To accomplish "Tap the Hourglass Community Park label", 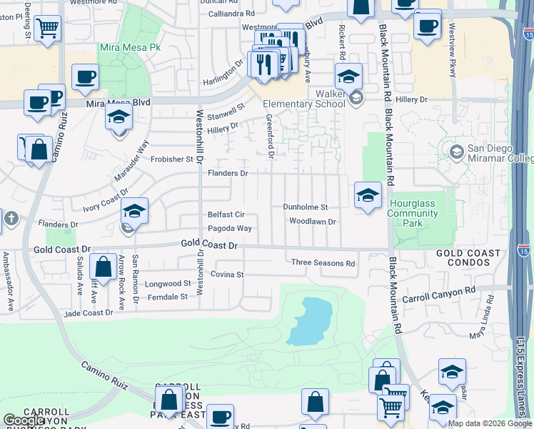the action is click(x=412, y=213).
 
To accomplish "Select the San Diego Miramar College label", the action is click(x=499, y=154).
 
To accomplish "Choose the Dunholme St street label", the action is click(x=305, y=207).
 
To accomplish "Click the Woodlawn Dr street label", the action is click(x=312, y=222).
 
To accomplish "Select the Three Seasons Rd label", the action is click(x=323, y=263).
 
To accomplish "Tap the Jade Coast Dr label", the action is click(x=89, y=312).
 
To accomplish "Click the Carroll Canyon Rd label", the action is click(x=438, y=291).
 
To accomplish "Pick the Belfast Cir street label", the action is click(x=226, y=214).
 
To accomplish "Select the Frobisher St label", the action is click(x=173, y=159).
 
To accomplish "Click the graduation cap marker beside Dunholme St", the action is click(x=368, y=195).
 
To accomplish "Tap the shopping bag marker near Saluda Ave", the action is click(x=104, y=268).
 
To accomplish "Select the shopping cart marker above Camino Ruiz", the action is click(x=47, y=29).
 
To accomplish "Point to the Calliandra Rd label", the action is click(x=231, y=14).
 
